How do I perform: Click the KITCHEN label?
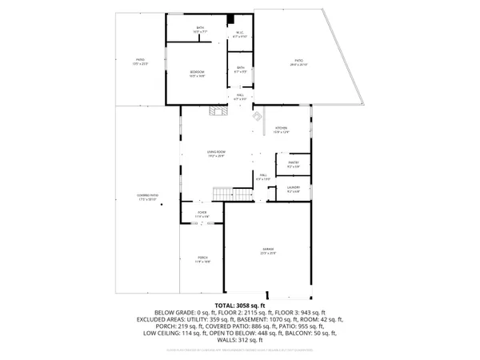(282, 130)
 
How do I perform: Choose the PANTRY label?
(293, 165)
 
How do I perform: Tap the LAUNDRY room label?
(294, 190)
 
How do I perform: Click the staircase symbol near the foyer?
(221, 194)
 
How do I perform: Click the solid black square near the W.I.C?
(230, 20)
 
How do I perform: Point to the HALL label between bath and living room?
(240, 98)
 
